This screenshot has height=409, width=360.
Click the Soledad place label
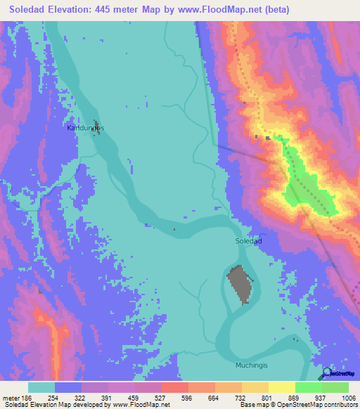click(248, 240)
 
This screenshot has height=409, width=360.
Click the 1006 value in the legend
click(348, 397)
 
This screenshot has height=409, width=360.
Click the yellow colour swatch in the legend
click(281, 387)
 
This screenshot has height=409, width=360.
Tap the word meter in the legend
click(11, 397)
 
